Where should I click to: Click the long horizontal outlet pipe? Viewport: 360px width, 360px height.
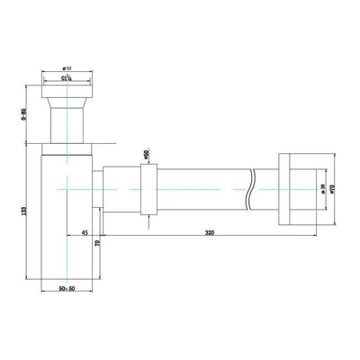click(x=207, y=188)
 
